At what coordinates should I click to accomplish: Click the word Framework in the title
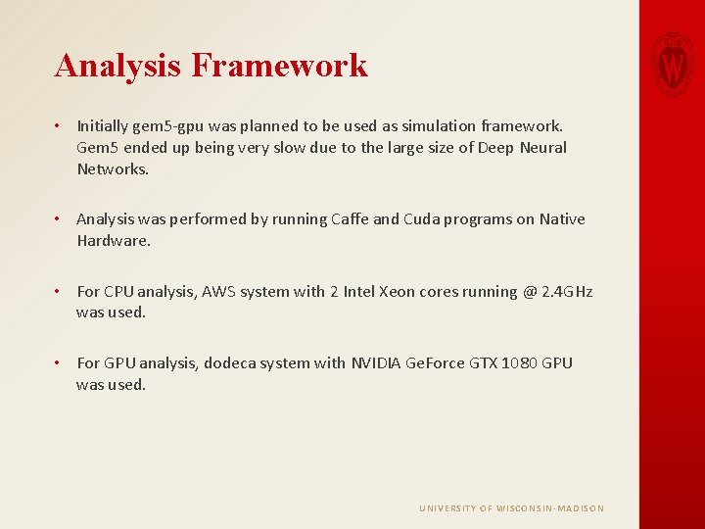[x=280, y=66]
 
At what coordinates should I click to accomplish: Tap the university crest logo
[x=673, y=62]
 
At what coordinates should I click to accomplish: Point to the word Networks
[x=112, y=168]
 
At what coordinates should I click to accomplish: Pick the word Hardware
[x=113, y=241]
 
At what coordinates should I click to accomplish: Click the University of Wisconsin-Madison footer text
[x=511, y=508]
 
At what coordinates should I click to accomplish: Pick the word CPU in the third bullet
[x=118, y=292]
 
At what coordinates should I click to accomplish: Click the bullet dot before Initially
[x=59, y=126]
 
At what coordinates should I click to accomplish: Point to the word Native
[x=561, y=219]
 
